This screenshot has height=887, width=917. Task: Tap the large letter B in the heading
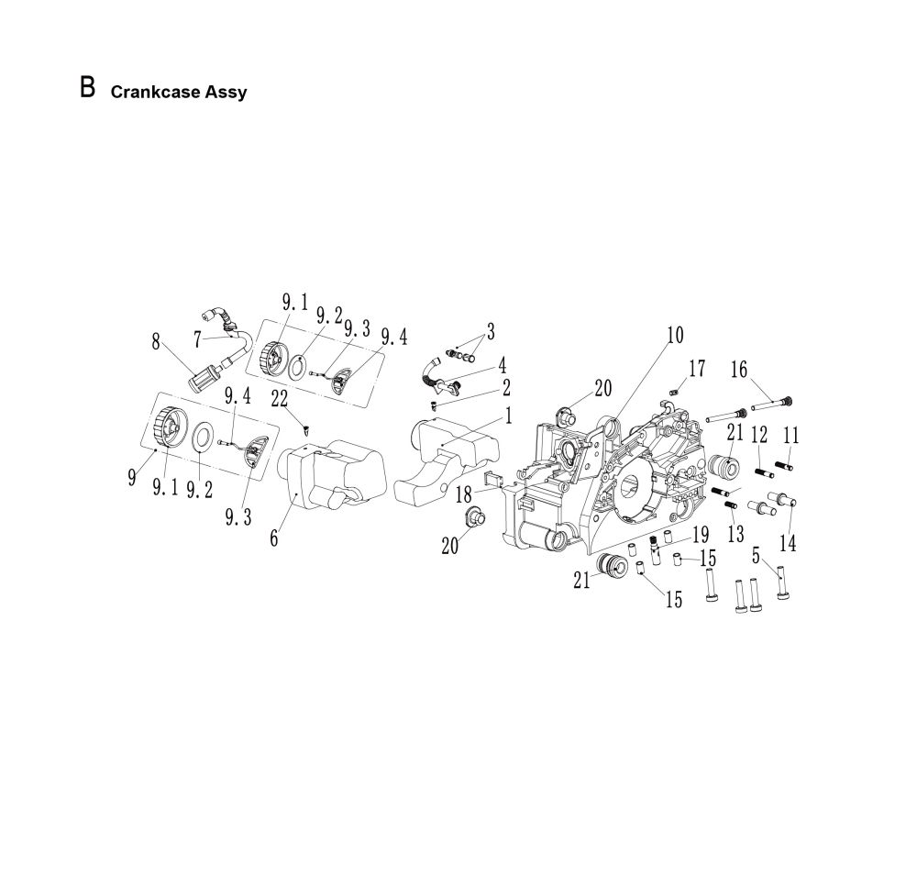pos(88,88)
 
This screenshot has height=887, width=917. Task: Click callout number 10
pos(674,336)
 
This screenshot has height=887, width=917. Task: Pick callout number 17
pos(697,368)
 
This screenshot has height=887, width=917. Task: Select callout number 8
pos(158,342)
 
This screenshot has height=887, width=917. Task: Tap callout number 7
pos(196,339)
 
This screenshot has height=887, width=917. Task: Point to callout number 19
pos(701,534)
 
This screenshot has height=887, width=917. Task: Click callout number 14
pos(788,542)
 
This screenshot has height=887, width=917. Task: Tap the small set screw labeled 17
pos(672,393)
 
